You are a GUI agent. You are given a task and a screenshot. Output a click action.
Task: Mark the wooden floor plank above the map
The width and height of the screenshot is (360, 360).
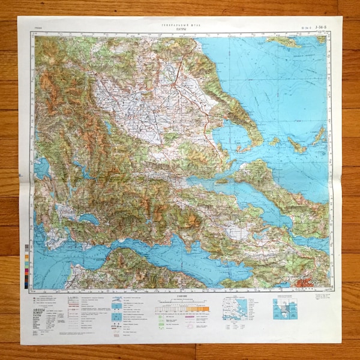pos(180,7)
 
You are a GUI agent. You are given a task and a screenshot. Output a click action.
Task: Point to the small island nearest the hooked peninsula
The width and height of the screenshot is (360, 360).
pos(274,142)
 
